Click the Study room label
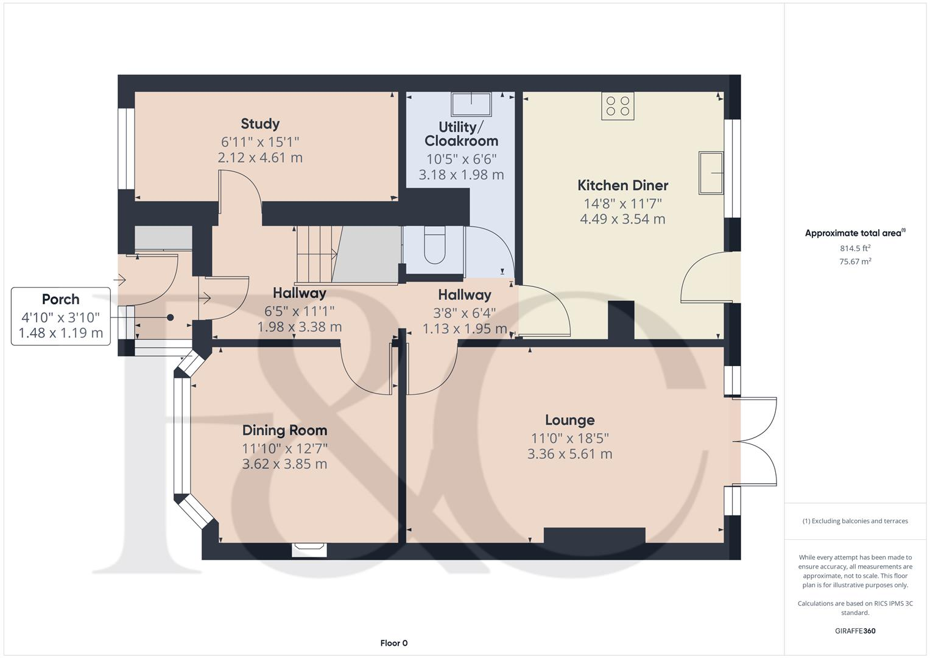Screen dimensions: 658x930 click(x=260, y=124)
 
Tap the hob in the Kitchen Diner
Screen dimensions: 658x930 click(x=618, y=106)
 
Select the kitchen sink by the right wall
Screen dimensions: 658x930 click(x=711, y=173)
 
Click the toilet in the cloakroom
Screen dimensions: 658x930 click(x=434, y=245)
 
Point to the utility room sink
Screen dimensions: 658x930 click(x=471, y=104)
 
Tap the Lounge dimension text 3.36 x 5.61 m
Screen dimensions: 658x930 click(x=569, y=454)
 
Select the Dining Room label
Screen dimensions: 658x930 click(x=284, y=430)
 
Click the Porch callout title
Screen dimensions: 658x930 click(x=60, y=299)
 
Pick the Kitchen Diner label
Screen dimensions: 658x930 click(x=622, y=185)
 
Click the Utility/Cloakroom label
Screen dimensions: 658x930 click(x=461, y=134)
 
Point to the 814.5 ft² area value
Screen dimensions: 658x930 click(x=855, y=248)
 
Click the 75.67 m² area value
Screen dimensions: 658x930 click(x=855, y=261)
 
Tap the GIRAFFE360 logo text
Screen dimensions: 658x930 click(x=855, y=631)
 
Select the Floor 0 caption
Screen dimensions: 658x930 click(x=393, y=643)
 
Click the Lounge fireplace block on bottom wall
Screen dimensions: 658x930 click(x=594, y=535)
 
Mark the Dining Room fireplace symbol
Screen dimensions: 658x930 click(x=309, y=550)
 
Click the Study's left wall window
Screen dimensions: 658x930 click(x=126, y=149)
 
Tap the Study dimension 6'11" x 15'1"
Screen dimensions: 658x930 click(x=260, y=142)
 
